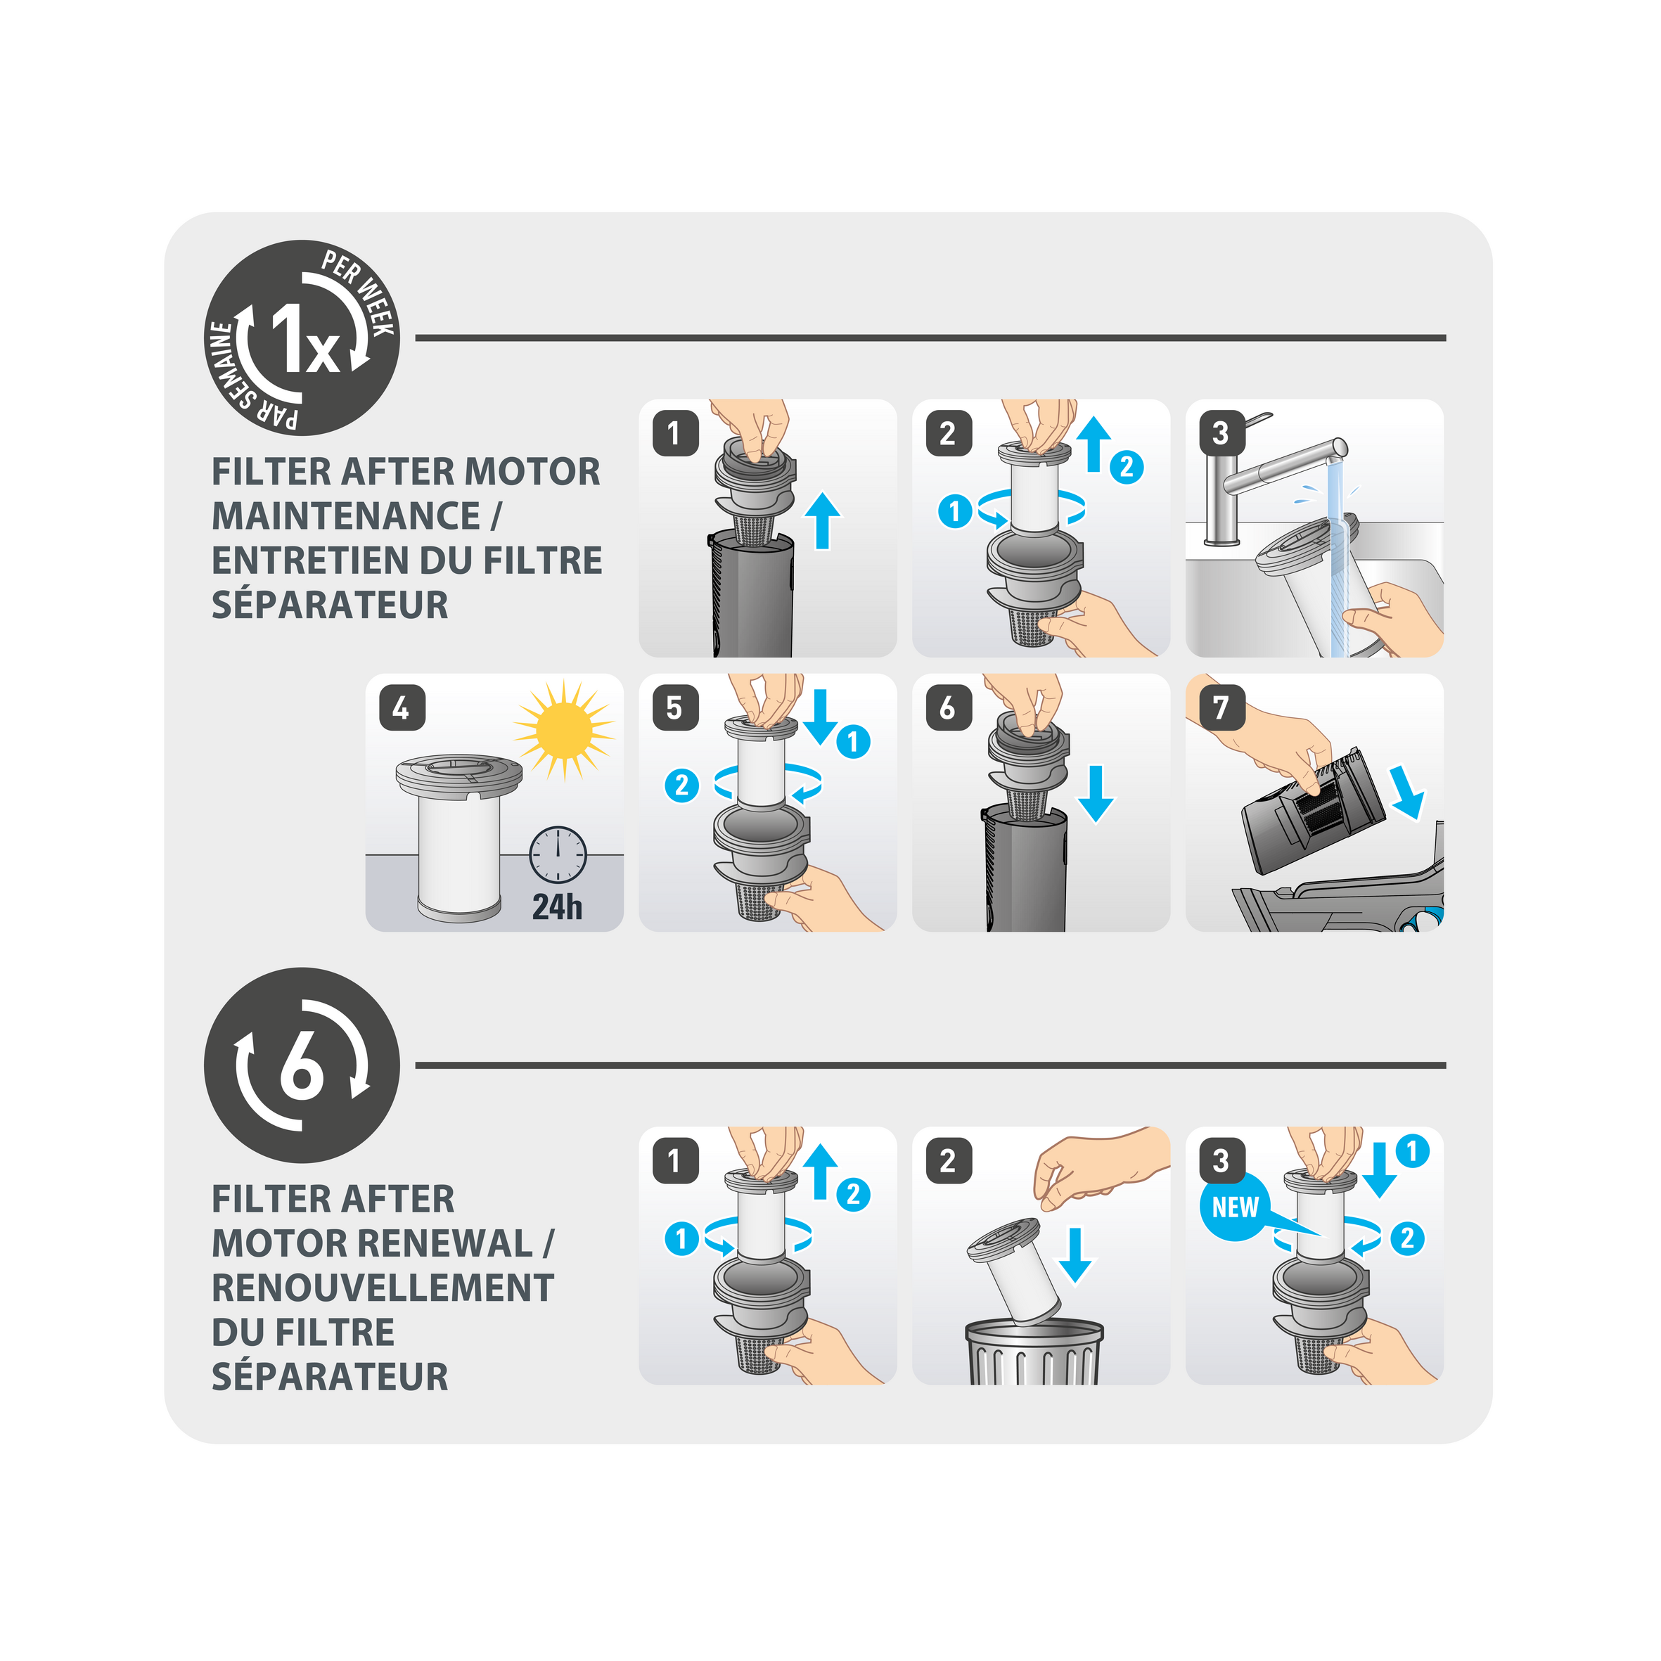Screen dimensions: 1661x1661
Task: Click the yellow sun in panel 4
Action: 563,730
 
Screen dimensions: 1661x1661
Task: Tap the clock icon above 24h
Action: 557,855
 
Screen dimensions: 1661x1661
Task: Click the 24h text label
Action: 557,907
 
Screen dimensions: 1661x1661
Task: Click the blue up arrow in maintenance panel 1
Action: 822,521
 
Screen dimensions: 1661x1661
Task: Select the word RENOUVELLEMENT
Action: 383,1288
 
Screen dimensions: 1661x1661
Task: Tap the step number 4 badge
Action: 402,707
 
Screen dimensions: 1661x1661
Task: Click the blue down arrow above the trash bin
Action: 1075,1255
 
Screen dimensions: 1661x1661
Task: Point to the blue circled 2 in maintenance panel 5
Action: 681,785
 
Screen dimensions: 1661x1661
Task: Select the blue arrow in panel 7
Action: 1406,792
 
